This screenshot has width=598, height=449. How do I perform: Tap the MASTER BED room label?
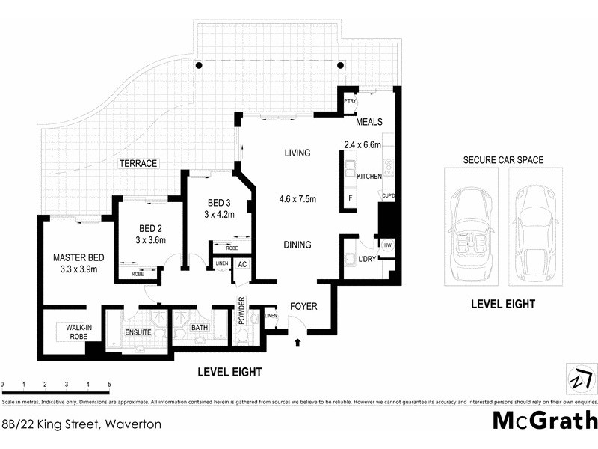[x=78, y=258]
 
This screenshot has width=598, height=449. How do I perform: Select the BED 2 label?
[x=150, y=229]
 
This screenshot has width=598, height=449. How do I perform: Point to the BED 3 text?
[x=220, y=203]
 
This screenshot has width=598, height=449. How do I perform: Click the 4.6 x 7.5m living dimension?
[x=298, y=199]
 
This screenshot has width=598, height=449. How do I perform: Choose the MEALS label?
[x=369, y=122]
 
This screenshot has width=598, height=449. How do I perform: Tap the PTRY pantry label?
[x=350, y=101]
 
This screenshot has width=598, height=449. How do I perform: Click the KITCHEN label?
[x=369, y=177]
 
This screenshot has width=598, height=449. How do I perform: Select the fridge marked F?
[x=350, y=198]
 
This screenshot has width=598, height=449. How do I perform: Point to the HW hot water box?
[x=388, y=245]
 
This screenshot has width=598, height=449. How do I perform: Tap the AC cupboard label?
[x=242, y=264]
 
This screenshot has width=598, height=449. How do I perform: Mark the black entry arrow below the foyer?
[x=298, y=343]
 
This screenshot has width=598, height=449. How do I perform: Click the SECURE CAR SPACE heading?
[x=502, y=160]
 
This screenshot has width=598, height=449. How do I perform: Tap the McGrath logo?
[x=544, y=420]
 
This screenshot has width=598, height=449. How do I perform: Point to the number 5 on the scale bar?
[x=110, y=385]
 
